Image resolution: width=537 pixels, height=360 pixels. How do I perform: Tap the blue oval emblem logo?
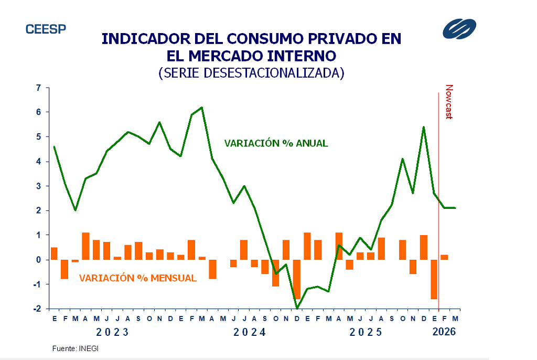tap(459, 29)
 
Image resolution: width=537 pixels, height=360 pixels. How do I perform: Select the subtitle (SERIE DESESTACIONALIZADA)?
tap(251, 72)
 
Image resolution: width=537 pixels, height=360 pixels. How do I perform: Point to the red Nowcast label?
tap(449, 102)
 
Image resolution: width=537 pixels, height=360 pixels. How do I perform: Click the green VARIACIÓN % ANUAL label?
tap(276, 143)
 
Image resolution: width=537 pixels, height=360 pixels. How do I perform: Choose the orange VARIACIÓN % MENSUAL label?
tap(138, 278)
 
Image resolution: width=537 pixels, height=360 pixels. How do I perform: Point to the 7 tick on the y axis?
tap(38, 88)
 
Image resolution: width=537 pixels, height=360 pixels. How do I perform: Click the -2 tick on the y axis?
tap(37, 309)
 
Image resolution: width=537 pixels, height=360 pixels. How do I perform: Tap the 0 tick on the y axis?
tap(38, 260)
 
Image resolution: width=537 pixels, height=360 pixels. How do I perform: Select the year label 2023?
tap(112, 332)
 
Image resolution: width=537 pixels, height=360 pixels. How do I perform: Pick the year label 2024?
tap(250, 332)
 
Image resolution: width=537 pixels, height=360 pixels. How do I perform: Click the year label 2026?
tap(444, 332)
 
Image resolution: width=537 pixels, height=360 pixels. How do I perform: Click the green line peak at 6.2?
tap(202, 108)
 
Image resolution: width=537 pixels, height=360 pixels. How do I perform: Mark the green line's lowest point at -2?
tap(297, 308)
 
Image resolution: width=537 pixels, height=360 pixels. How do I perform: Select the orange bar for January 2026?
tap(434, 279)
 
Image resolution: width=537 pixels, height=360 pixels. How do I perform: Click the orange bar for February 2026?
tap(444, 257)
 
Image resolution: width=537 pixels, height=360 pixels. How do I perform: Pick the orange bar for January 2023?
tap(54, 253)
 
